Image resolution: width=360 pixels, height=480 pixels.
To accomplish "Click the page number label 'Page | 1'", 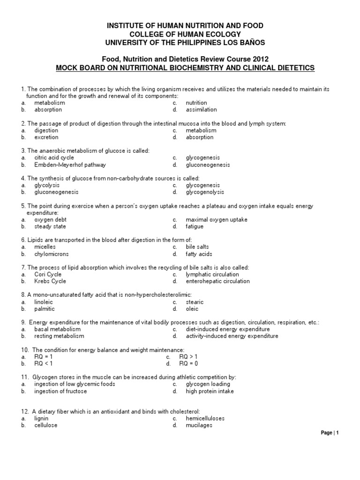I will [329, 433].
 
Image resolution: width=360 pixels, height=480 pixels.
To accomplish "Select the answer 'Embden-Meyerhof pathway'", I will [70, 165].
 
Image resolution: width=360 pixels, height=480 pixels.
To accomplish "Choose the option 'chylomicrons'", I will [51, 254].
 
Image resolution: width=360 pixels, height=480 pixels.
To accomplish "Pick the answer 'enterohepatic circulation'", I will [217, 281].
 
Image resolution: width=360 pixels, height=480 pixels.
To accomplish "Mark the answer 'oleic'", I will [192, 309].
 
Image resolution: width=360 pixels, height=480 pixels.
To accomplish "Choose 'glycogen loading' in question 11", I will [207, 384].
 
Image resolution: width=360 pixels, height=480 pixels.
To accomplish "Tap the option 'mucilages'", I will [199, 425].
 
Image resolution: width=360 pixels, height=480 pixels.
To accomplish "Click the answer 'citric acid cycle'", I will [54, 158].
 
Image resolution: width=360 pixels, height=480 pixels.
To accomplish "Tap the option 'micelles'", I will [45, 247].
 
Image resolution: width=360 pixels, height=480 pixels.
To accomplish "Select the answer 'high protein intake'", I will [210, 391].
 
